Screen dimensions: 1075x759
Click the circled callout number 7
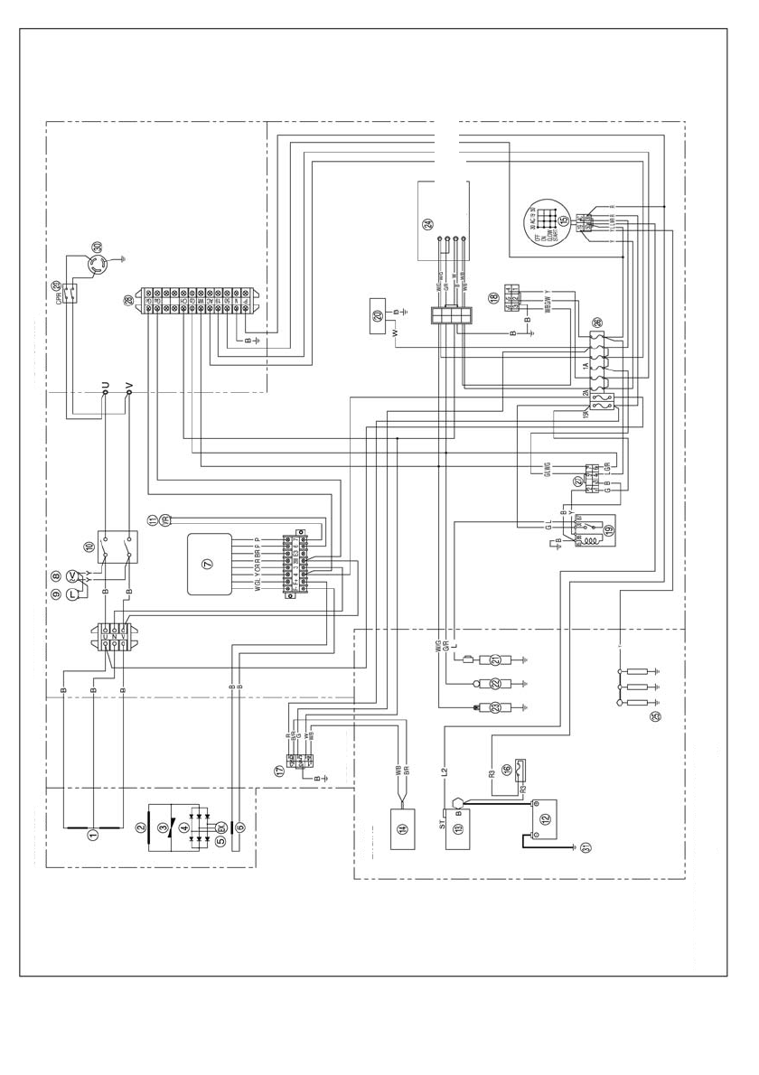coord(207,564)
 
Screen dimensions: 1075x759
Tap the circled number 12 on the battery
coord(543,818)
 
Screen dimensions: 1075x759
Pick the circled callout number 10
coord(89,547)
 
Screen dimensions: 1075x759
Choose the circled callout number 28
coord(127,301)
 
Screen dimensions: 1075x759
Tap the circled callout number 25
coord(656,716)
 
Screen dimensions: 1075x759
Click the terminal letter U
coord(106,387)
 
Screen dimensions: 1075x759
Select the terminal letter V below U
coord(128,387)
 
